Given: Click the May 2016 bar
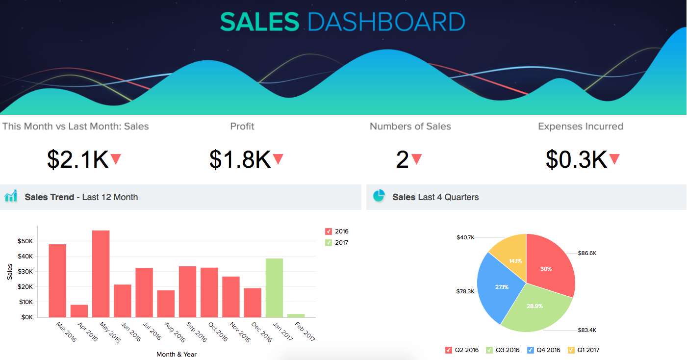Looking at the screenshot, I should click(101, 274).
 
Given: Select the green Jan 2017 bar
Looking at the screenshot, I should click(274, 288).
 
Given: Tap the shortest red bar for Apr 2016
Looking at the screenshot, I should click(79, 311).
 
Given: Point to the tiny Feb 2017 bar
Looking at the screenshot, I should click(296, 315).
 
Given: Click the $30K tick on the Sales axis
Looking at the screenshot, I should click(25, 271).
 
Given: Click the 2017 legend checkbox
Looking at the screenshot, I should click(329, 243).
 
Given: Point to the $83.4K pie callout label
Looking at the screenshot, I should click(586, 330).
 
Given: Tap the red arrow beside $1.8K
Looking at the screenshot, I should click(278, 159).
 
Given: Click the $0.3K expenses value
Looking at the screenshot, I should click(576, 159).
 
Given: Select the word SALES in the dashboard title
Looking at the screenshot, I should click(259, 22).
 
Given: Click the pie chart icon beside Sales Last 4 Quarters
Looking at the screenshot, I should click(379, 196).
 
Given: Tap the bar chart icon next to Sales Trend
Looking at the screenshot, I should click(11, 196).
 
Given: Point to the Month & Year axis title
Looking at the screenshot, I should click(177, 354).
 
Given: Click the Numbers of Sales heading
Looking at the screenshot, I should click(410, 127).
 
